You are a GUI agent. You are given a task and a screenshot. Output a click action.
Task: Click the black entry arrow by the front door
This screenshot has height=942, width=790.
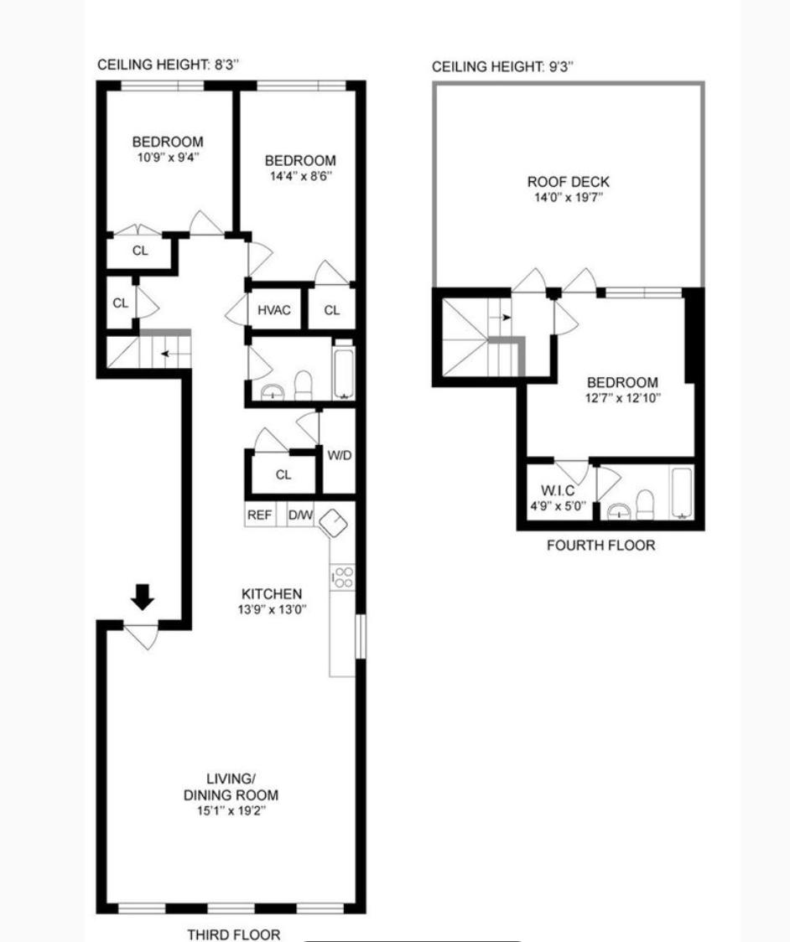143,597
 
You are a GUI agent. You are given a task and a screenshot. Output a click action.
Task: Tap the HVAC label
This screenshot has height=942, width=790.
274,310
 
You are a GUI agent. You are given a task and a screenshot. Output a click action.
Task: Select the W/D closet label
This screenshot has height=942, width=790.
339,456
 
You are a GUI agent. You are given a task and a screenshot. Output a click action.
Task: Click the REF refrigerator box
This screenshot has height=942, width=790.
259,515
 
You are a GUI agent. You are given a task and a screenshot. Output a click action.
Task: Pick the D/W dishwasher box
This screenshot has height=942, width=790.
300,515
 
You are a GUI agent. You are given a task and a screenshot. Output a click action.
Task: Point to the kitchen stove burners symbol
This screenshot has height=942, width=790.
343,577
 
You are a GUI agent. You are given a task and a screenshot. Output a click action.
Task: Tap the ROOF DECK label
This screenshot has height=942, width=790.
568,182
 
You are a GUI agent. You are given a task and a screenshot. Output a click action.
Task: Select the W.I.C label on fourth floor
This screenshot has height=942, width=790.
559,490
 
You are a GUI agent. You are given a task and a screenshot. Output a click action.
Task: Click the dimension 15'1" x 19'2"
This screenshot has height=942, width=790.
231,811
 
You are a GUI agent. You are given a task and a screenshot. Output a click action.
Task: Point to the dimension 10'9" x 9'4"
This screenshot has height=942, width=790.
167,157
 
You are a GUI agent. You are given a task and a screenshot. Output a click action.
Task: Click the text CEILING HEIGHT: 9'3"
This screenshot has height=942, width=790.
502,67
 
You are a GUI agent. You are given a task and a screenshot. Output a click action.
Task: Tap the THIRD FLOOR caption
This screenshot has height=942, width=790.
233,934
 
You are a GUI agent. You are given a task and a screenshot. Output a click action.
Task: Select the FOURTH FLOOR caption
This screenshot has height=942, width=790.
600,546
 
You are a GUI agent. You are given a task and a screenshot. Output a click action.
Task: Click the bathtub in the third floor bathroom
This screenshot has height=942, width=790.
344,370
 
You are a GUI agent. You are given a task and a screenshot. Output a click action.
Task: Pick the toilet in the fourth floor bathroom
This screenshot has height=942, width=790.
645,505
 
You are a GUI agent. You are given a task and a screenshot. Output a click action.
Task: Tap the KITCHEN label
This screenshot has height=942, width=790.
271,594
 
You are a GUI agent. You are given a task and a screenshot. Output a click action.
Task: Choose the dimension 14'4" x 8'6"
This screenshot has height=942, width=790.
300,176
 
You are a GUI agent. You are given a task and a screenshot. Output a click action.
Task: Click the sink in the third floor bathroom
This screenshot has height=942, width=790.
272,392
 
